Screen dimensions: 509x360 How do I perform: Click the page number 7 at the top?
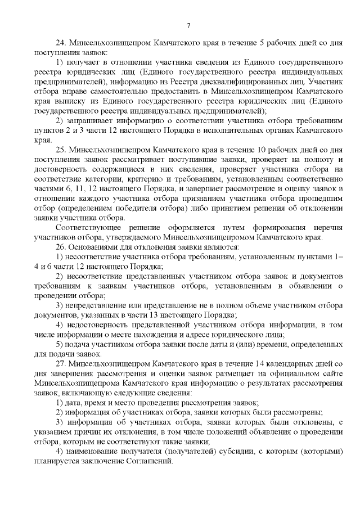pos(189,25)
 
